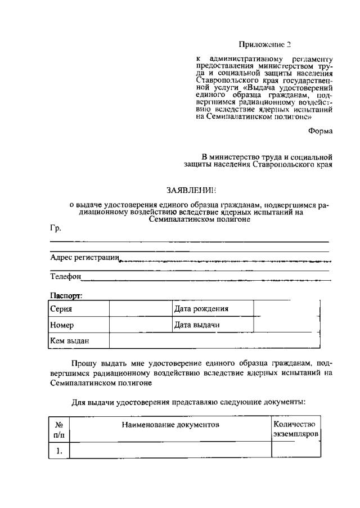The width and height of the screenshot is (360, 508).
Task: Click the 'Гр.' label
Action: (55, 228)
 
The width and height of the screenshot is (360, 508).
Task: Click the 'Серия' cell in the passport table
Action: (61, 309)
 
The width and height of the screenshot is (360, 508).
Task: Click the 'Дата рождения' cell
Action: (201, 309)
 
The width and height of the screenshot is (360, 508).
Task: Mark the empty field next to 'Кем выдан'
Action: (214, 341)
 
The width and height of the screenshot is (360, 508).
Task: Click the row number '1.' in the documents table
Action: (59, 451)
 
